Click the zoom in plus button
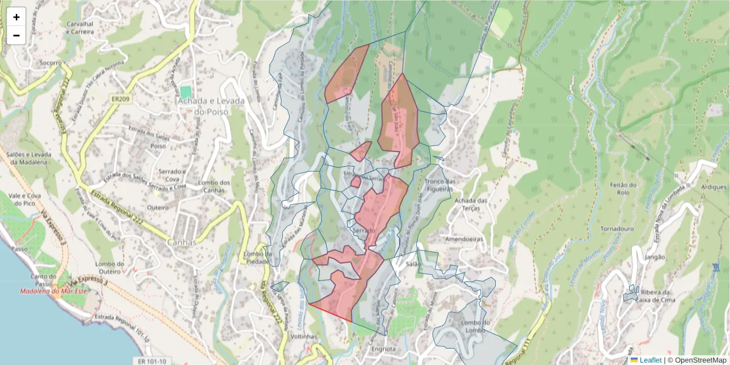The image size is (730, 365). pos(16,17)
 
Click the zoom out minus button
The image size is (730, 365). pos(16,35)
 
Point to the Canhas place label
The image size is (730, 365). pos(182,242)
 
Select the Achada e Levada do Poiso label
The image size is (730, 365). pos(210,106)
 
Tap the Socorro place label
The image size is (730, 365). pos(50,63)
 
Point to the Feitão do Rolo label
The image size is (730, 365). pos(624,189)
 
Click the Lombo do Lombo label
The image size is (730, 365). pos(476,326)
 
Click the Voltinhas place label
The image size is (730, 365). pos(306,336)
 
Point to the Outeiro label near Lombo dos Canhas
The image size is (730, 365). pos(158,207)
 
